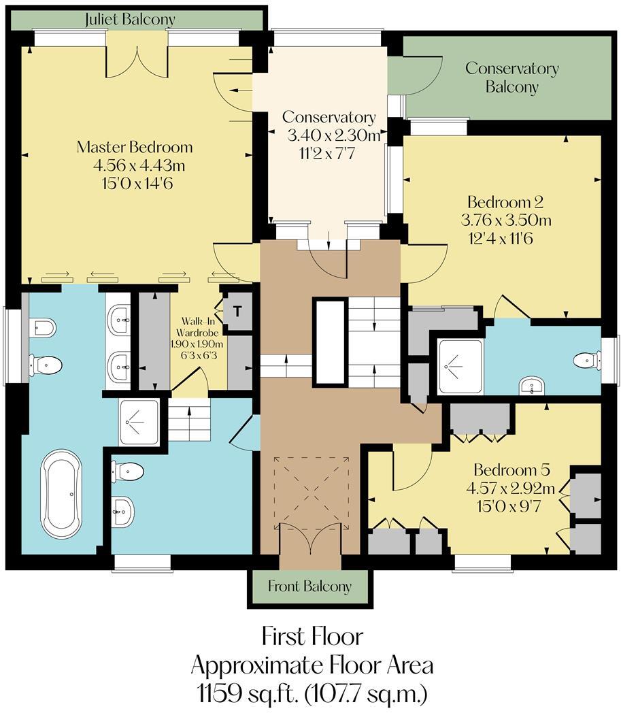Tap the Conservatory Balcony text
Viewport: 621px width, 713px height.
click(x=511, y=78)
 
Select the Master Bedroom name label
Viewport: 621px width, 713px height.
click(x=135, y=147)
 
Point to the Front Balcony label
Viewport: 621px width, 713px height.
click(x=309, y=586)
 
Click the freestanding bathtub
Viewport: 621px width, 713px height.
click(x=62, y=493)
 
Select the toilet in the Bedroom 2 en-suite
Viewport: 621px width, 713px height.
click(x=586, y=359)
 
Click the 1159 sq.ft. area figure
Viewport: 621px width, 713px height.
click(x=231, y=695)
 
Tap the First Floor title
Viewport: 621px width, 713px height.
click(x=312, y=637)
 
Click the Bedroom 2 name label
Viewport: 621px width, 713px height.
click(x=505, y=202)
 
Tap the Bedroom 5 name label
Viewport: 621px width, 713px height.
click(x=511, y=470)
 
